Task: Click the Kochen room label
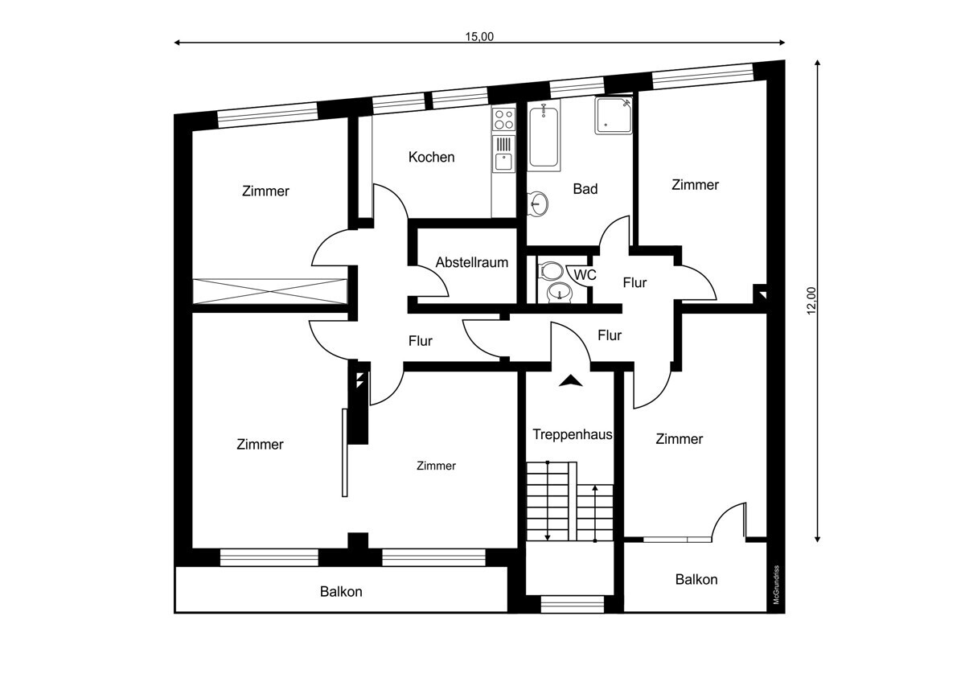(x=431, y=158)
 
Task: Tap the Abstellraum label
(x=472, y=262)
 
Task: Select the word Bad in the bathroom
(x=585, y=189)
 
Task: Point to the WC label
(x=585, y=274)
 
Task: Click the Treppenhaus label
(x=572, y=434)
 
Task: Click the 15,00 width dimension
(x=479, y=37)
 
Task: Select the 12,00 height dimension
(x=811, y=301)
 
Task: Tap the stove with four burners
(x=504, y=119)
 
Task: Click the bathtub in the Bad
(x=544, y=136)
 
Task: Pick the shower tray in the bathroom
(x=614, y=116)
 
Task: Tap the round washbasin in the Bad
(x=538, y=203)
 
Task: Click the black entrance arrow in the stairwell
(x=570, y=380)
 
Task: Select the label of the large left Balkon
(x=341, y=592)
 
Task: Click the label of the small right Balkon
(x=696, y=580)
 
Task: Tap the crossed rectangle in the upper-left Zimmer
(x=269, y=291)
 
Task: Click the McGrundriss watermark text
(x=776, y=585)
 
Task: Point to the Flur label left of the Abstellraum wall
(x=420, y=341)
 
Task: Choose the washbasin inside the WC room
(x=560, y=293)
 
